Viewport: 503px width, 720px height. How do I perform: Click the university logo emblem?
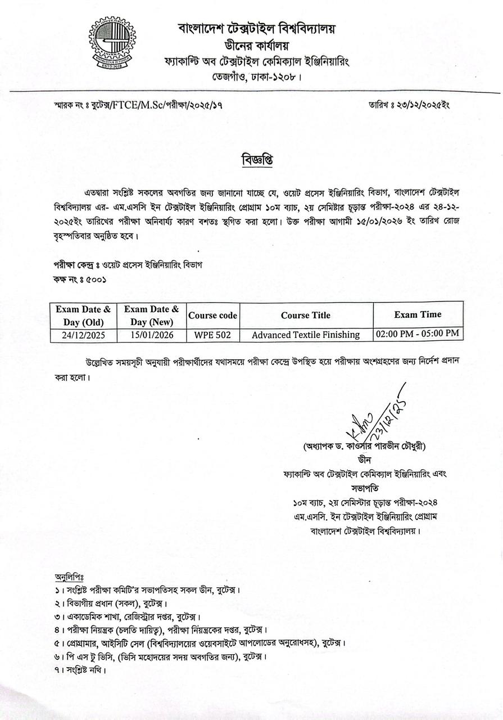(112, 43)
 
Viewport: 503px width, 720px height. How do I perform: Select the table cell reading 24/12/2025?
(84, 335)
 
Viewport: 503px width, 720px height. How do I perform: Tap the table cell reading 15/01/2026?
(151, 335)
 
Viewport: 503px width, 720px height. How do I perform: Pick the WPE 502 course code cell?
(212, 335)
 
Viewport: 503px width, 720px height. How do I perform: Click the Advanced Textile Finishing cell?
(306, 335)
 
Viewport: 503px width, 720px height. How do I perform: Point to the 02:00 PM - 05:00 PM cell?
(418, 334)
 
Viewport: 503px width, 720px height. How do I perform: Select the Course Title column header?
(306, 315)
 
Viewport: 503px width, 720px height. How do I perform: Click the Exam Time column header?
(418, 314)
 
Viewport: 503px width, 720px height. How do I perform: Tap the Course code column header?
(212, 316)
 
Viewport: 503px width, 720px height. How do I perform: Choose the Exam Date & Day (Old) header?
(84, 315)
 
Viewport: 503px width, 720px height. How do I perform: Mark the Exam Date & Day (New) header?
(151, 315)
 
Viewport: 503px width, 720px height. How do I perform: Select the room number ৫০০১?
(93, 279)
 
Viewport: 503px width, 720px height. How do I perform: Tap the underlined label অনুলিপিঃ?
(69, 578)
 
